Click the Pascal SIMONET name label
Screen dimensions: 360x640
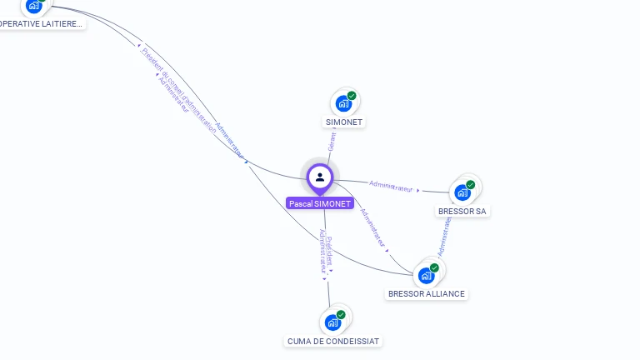pyautogui.click(x=320, y=203)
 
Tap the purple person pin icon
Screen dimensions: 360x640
pyautogui.click(x=320, y=177)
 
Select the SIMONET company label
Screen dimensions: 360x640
pyautogui.click(x=344, y=122)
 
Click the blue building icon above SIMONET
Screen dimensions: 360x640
pyautogui.click(x=342, y=104)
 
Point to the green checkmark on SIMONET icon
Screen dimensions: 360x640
pyautogui.click(x=352, y=96)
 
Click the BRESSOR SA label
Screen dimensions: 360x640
pyautogui.click(x=462, y=212)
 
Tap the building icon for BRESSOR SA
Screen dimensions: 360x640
pyautogui.click(x=462, y=192)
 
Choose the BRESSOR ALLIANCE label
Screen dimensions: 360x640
pyautogui.click(x=427, y=294)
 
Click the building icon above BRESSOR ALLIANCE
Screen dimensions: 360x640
pyautogui.click(x=426, y=275)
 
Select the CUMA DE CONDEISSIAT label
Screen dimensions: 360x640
pyautogui.click(x=333, y=341)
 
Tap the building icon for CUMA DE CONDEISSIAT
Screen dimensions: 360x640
pyautogui.click(x=332, y=322)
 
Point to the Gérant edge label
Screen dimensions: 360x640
pyautogui.click(x=332, y=142)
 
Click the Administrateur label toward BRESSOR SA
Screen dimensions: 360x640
pyautogui.click(x=392, y=186)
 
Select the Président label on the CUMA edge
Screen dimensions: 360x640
pyautogui.click(x=329, y=249)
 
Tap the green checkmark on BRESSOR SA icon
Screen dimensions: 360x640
pyautogui.click(x=471, y=184)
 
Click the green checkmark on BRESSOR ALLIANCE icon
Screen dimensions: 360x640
pyautogui.click(x=434, y=267)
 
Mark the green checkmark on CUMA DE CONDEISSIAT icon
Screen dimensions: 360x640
pyautogui.click(x=341, y=314)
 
